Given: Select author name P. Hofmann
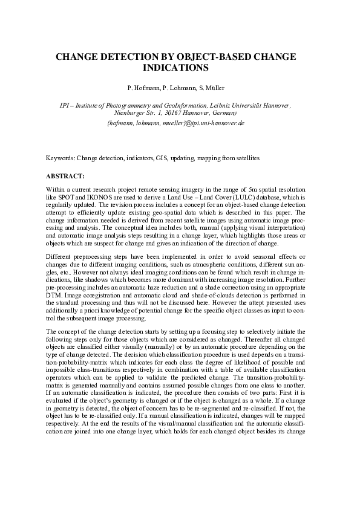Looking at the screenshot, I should (x=143, y=88).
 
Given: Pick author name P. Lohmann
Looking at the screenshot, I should (x=177, y=88).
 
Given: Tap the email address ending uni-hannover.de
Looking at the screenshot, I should (x=175, y=123).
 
